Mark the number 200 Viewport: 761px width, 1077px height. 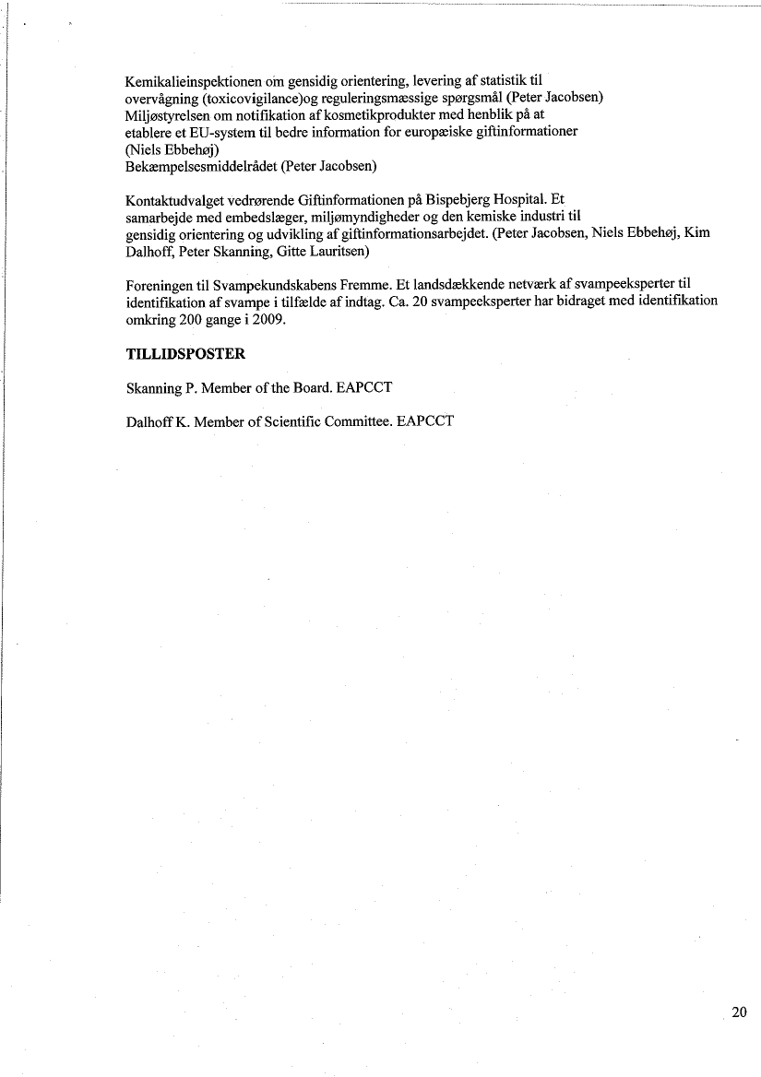[198, 319]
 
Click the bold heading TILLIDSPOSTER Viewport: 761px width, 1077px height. [185, 354]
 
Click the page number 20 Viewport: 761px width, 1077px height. [739, 1012]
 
